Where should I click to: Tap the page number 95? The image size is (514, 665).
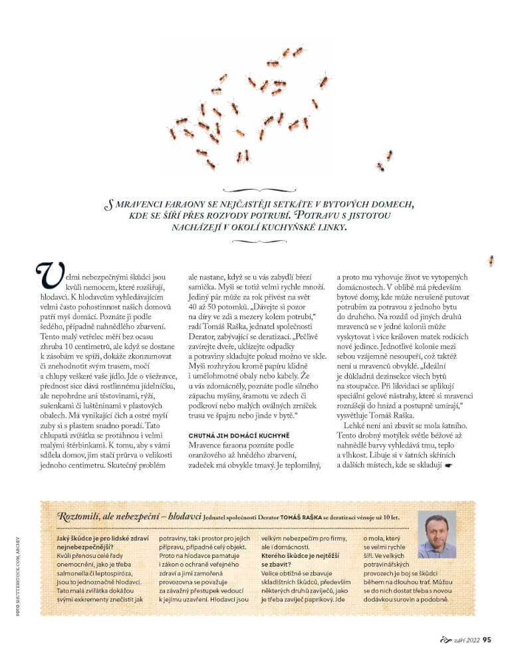pos(486,641)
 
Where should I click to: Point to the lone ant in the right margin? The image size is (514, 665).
pos(491,260)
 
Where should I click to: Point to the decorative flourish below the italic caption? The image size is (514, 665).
pos(257,241)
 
